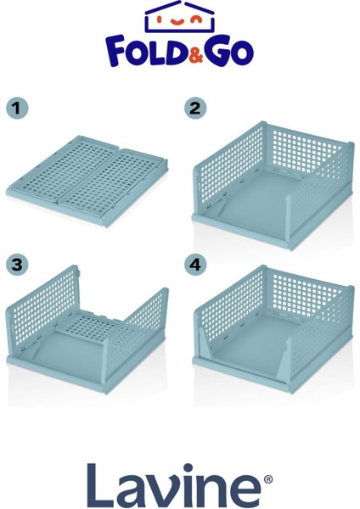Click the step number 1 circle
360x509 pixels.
[x=17, y=108]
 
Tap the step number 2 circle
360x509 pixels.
[x=195, y=108]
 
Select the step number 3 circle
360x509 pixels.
[x=17, y=265]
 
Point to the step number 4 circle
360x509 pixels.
[x=195, y=265]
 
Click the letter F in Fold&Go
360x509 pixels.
[x=116, y=51]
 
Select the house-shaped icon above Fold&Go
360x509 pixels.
[x=180, y=16]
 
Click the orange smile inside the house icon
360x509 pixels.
[x=177, y=22]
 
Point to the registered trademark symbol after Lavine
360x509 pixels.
[x=268, y=479]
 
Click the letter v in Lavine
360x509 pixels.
[x=161, y=491]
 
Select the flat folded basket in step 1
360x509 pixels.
[x=87, y=181]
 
